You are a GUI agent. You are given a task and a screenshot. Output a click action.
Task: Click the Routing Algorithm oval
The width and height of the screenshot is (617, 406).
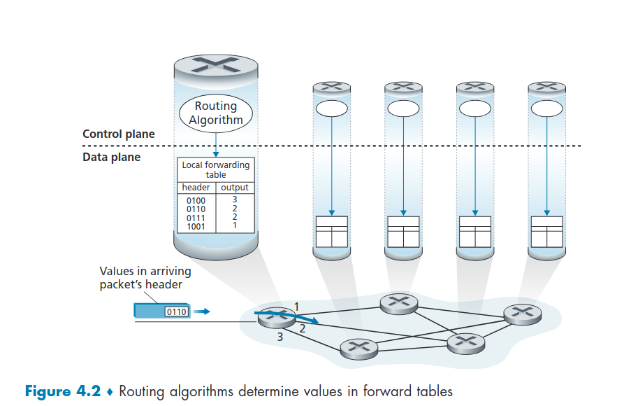click(x=215, y=113)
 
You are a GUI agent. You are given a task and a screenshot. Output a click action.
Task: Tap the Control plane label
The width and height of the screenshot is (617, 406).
click(x=119, y=134)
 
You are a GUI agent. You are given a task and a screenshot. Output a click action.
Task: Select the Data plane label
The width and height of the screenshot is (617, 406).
click(x=112, y=157)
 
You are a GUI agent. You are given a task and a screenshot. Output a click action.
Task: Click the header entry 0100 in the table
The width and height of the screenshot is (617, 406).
click(x=196, y=201)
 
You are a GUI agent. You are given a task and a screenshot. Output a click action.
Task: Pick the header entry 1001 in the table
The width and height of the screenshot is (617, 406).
click(x=196, y=226)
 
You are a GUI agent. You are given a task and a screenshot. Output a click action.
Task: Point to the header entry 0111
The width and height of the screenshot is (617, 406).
click(x=196, y=218)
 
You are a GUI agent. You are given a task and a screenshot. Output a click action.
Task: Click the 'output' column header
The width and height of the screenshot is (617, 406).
click(x=235, y=188)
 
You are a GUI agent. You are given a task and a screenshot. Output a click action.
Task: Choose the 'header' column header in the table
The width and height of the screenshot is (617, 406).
click(x=196, y=188)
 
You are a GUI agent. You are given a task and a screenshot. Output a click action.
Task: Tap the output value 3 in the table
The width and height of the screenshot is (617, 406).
click(x=235, y=200)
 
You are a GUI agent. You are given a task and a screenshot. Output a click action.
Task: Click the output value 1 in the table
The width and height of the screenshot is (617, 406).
click(x=235, y=225)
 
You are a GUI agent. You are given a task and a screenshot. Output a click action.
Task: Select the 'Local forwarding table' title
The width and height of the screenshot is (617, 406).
click(x=215, y=169)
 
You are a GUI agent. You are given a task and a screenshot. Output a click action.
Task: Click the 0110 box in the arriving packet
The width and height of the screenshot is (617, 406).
click(x=176, y=311)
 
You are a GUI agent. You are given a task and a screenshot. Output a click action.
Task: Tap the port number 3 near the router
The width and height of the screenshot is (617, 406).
click(x=280, y=337)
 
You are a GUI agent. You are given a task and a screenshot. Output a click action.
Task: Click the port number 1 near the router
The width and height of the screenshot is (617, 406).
click(x=296, y=307)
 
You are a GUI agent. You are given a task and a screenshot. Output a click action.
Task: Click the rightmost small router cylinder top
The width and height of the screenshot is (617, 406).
click(x=546, y=87)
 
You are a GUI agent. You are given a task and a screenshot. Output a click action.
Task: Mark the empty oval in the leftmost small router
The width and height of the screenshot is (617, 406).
click(x=331, y=108)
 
